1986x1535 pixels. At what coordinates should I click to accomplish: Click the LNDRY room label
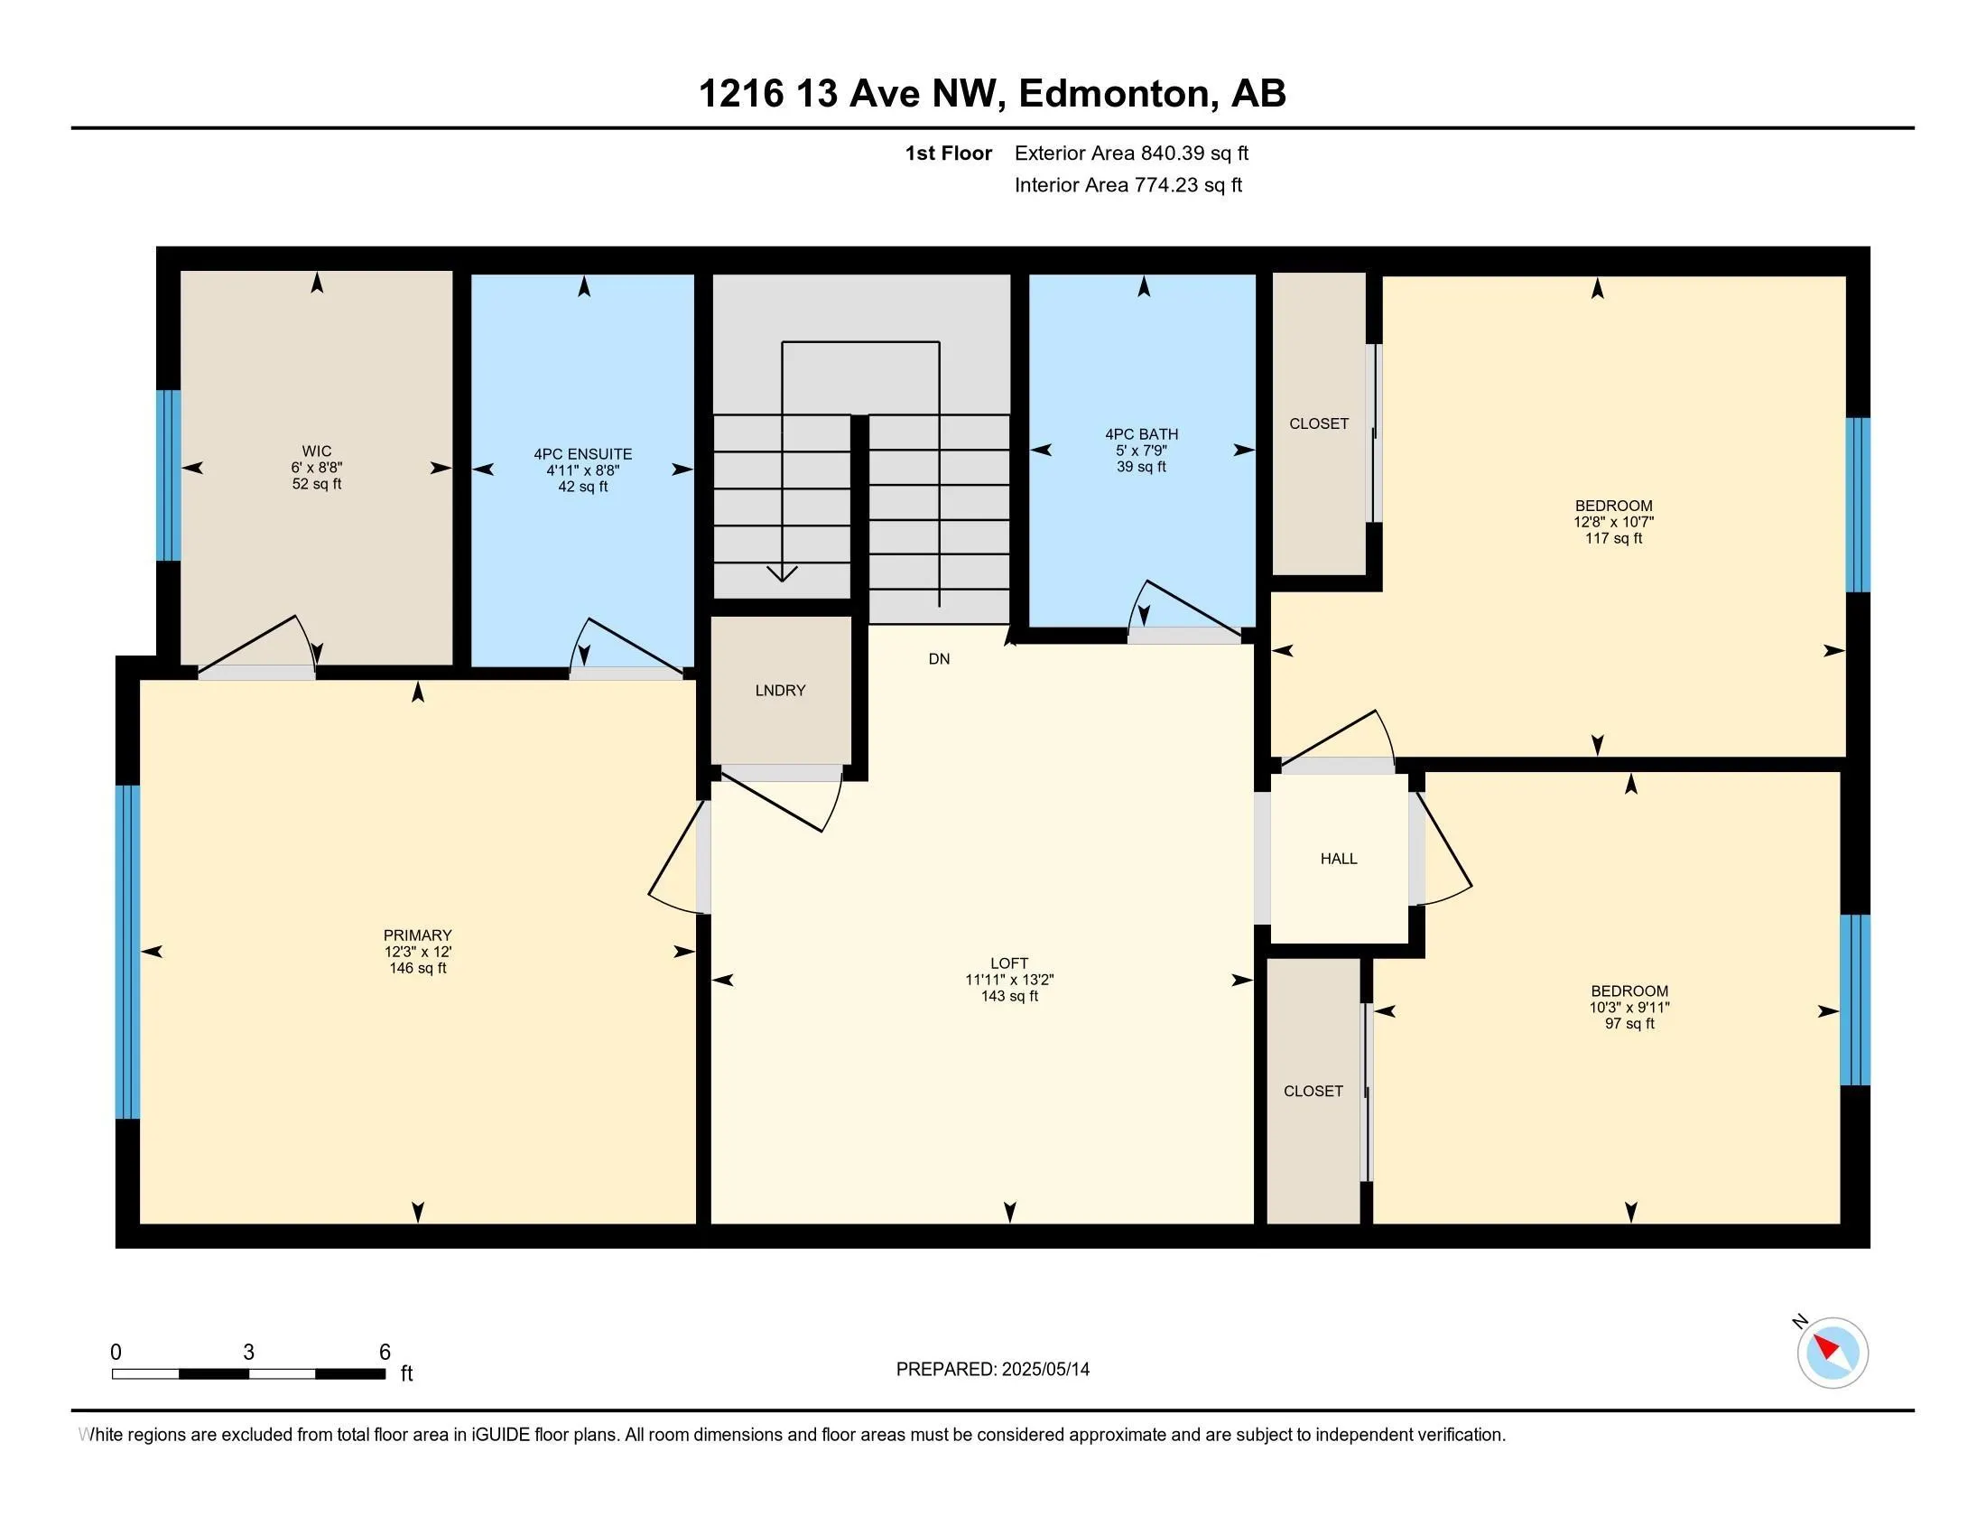coord(780,690)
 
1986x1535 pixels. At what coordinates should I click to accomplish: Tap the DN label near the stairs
coord(940,658)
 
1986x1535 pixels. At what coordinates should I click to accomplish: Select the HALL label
coord(1339,859)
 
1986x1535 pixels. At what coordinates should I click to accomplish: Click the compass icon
coord(1832,1354)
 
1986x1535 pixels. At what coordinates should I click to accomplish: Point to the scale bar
coord(249,1374)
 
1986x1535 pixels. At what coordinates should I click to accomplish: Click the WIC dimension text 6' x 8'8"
coord(317,468)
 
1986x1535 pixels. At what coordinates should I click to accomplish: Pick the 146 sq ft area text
coord(417,969)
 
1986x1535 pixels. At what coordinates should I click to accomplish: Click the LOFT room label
coord(1009,963)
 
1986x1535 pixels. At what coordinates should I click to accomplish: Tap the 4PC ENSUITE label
coord(583,454)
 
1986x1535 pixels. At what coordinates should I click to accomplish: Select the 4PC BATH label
coord(1141,434)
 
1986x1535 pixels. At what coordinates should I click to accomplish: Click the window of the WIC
coord(168,475)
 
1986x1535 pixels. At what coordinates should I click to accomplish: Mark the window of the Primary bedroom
coord(128,952)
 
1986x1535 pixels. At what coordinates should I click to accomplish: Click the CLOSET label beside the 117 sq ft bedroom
coord(1319,423)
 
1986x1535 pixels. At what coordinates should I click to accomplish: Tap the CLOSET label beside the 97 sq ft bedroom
coord(1313,1092)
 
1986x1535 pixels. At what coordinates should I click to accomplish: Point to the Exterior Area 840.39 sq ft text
coord(1131,153)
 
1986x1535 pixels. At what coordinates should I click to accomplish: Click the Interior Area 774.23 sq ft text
coord(1128,184)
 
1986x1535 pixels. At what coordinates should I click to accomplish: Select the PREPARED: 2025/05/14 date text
coord(993,1369)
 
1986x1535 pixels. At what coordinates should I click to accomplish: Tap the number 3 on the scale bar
coord(248,1353)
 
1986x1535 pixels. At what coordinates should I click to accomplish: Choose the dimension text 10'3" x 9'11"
coord(1629,1008)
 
